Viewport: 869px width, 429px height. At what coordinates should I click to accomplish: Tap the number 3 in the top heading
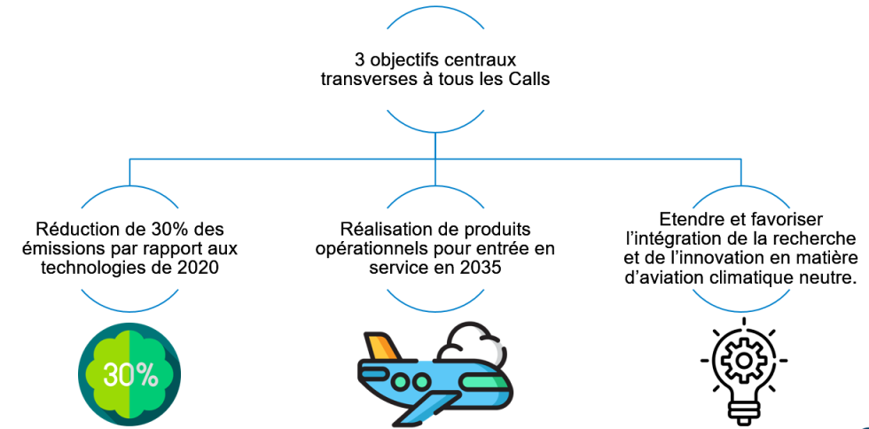pos(360,59)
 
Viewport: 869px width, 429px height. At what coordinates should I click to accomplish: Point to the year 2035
pos(475,266)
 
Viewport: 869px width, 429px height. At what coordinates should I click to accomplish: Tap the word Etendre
pos(689,218)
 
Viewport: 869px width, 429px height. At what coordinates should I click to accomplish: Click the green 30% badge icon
pos(130,375)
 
